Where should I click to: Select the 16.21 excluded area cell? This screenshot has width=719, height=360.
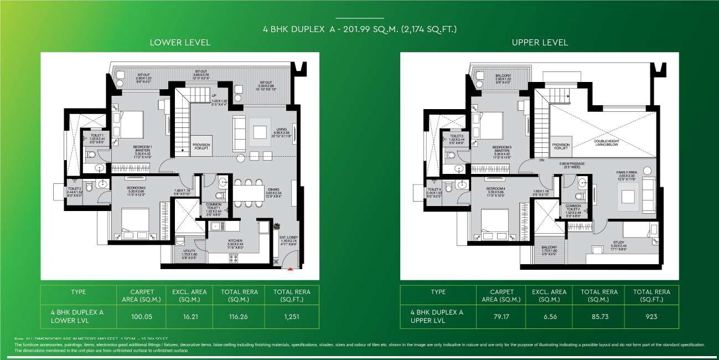[x=190, y=317]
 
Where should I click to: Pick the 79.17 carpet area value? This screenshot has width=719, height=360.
[x=501, y=317]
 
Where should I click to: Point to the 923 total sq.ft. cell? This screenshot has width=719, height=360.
[x=651, y=317]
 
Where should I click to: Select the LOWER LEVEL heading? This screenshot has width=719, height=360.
[x=180, y=43]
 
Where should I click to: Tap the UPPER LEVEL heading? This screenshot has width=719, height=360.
[x=540, y=43]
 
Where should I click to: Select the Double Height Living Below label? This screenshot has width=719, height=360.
[x=603, y=143]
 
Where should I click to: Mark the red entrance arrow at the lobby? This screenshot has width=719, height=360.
[x=290, y=270]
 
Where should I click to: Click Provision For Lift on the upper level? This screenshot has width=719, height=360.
[x=561, y=146]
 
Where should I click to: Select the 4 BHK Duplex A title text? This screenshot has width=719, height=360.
[x=359, y=28]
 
